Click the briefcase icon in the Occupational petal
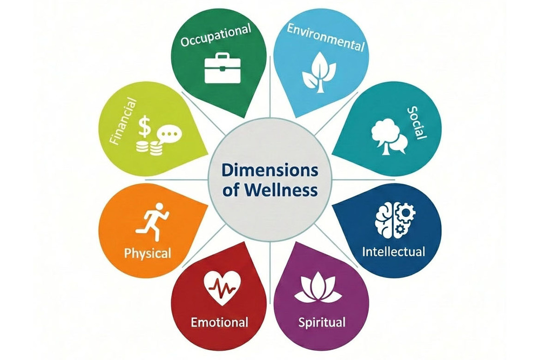(x=222, y=69)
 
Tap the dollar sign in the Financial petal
(x=144, y=127)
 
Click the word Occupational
(x=216, y=36)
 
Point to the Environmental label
(x=326, y=36)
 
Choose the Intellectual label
(x=394, y=251)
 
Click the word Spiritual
(x=322, y=323)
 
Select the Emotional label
(x=220, y=323)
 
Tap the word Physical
(x=147, y=253)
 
